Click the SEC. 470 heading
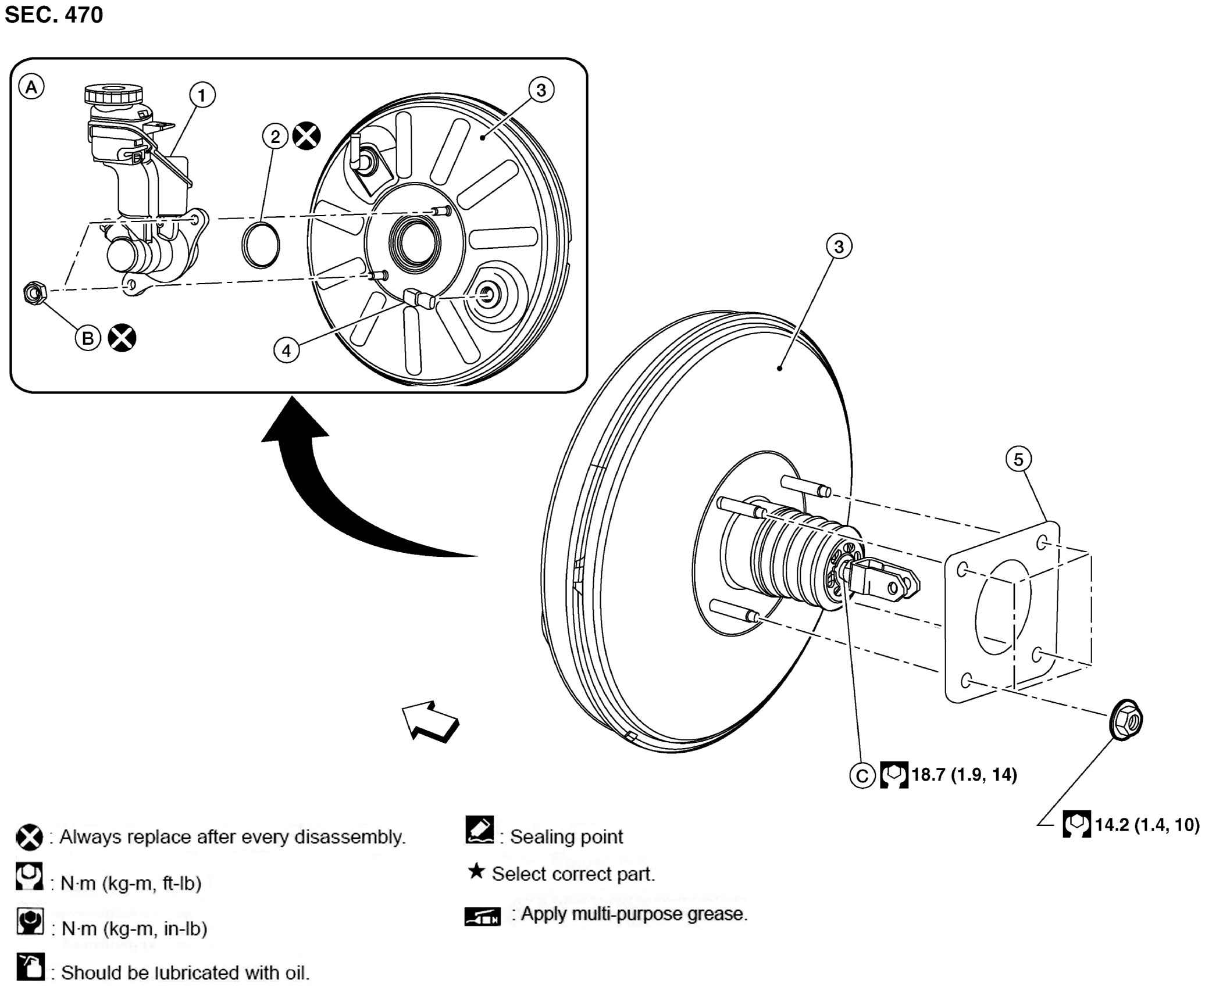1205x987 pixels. point(54,15)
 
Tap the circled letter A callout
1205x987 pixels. point(31,87)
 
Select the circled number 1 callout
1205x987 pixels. point(202,95)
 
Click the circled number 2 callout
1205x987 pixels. point(275,137)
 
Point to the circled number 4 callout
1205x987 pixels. point(287,351)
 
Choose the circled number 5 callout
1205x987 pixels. point(1018,460)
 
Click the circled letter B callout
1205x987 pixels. point(88,338)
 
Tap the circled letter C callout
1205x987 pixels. point(862,775)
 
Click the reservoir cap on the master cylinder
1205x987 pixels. point(113,94)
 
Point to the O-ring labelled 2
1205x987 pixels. point(261,245)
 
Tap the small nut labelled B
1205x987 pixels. point(34,293)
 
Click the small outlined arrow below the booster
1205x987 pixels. point(431,721)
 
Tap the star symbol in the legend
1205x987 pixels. point(476,871)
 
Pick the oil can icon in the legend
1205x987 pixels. point(30,967)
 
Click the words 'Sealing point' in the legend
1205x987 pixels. point(566,837)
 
